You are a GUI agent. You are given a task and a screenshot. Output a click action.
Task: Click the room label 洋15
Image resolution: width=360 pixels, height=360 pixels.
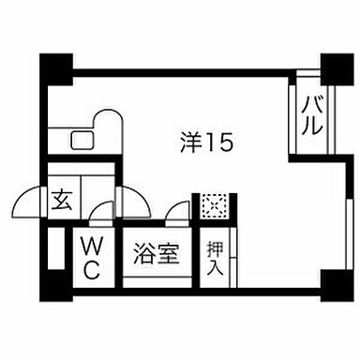pyautogui.click(x=205, y=142)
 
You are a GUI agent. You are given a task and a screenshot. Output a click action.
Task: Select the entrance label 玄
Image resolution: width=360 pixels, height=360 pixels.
pyautogui.click(x=63, y=199)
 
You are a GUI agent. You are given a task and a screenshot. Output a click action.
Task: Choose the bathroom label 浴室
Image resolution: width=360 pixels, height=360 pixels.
pyautogui.click(x=155, y=255)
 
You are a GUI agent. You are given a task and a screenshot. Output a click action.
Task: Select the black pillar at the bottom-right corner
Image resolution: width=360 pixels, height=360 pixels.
pyautogui.click(x=330, y=279)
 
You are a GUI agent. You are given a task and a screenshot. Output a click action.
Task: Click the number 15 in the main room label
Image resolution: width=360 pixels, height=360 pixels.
pyautogui.click(x=219, y=142)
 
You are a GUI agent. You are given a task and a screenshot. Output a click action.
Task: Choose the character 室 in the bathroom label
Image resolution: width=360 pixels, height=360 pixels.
pyautogui.click(x=166, y=255)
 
